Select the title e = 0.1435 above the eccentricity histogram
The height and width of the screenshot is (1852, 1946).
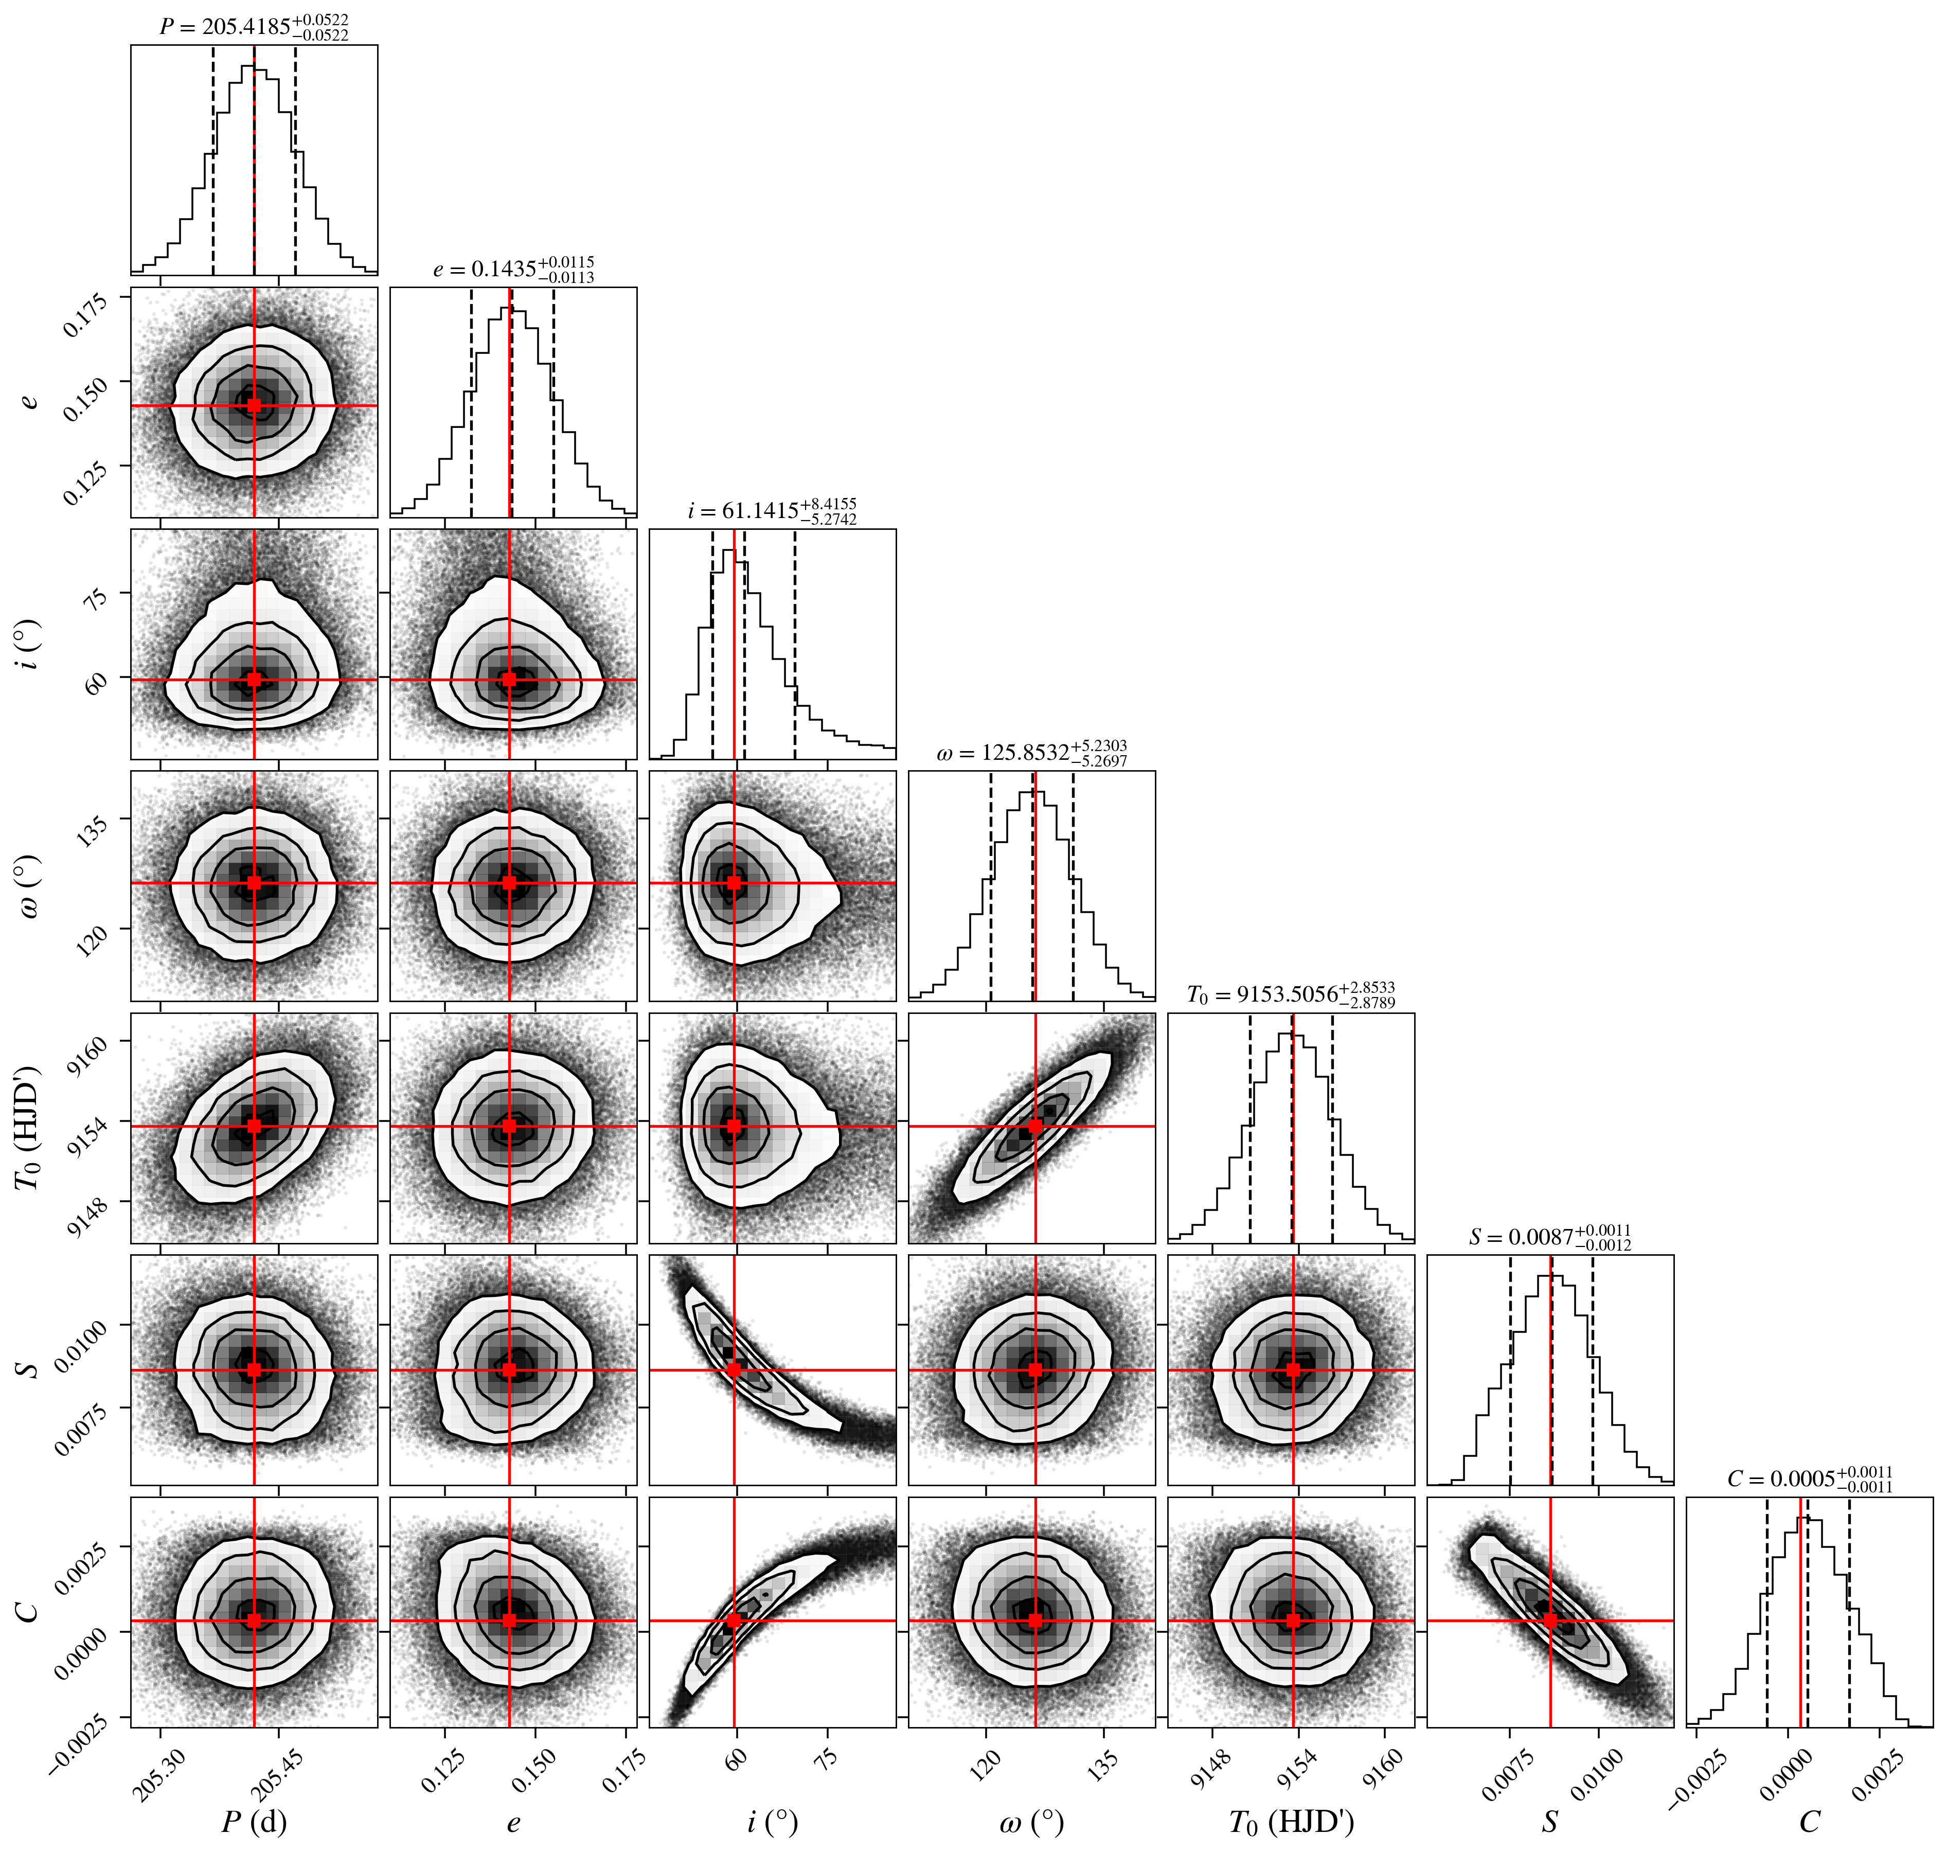pos(513,270)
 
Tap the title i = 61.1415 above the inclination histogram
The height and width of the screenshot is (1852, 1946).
pos(772,511)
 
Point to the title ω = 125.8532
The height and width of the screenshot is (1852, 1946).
pos(1032,753)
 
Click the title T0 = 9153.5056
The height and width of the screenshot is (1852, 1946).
pos(1291,995)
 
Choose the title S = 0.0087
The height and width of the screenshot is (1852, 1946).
pos(1550,1237)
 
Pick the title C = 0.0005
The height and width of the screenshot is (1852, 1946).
pos(1810,1479)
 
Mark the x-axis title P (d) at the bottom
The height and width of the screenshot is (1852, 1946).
pos(254,1822)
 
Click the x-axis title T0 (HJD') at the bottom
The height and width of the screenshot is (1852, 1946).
pos(1291,1822)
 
